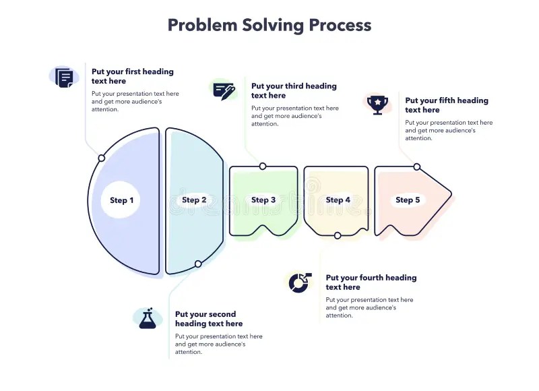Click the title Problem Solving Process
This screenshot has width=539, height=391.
[269, 26]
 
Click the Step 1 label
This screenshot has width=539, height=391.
[122, 200]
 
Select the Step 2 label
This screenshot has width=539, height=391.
[195, 200]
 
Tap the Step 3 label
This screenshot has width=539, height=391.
[263, 200]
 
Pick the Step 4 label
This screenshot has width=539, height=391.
[338, 200]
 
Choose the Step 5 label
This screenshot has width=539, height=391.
[408, 200]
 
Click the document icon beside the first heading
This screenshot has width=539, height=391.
[65, 78]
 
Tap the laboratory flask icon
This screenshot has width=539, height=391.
[148, 319]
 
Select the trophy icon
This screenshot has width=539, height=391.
[377, 104]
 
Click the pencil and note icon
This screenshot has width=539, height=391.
[224, 90]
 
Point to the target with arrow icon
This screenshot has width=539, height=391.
[299, 282]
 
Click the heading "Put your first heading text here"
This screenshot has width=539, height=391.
[133, 76]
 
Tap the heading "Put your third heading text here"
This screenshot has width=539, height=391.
[294, 91]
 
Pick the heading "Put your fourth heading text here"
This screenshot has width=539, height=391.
[371, 282]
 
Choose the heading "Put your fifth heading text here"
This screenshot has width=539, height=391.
[446, 105]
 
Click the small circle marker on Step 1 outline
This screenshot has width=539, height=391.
[102, 158]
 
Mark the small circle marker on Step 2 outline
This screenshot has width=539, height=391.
[198, 264]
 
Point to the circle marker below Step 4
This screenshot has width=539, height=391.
[338, 235]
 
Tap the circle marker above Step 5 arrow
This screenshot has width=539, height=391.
[417, 167]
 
